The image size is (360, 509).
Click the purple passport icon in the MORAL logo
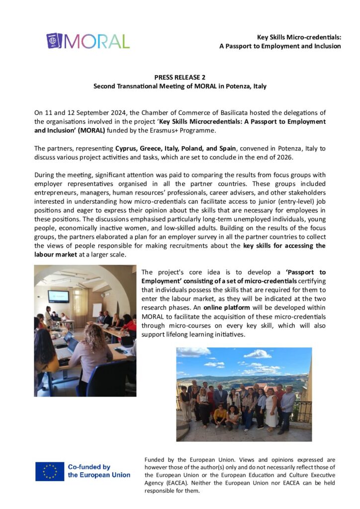pyautogui.click(x=54, y=41)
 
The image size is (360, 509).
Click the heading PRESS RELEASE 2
pyautogui.click(x=180, y=77)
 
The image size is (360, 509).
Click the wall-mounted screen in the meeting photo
pyautogui.click(x=58, y=296)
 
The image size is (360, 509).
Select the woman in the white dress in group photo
pyautogui.click(x=271, y=410)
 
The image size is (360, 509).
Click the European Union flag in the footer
pyautogui.click(x=50, y=471)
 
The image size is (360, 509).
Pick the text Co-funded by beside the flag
pyautogui.click(x=89, y=467)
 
